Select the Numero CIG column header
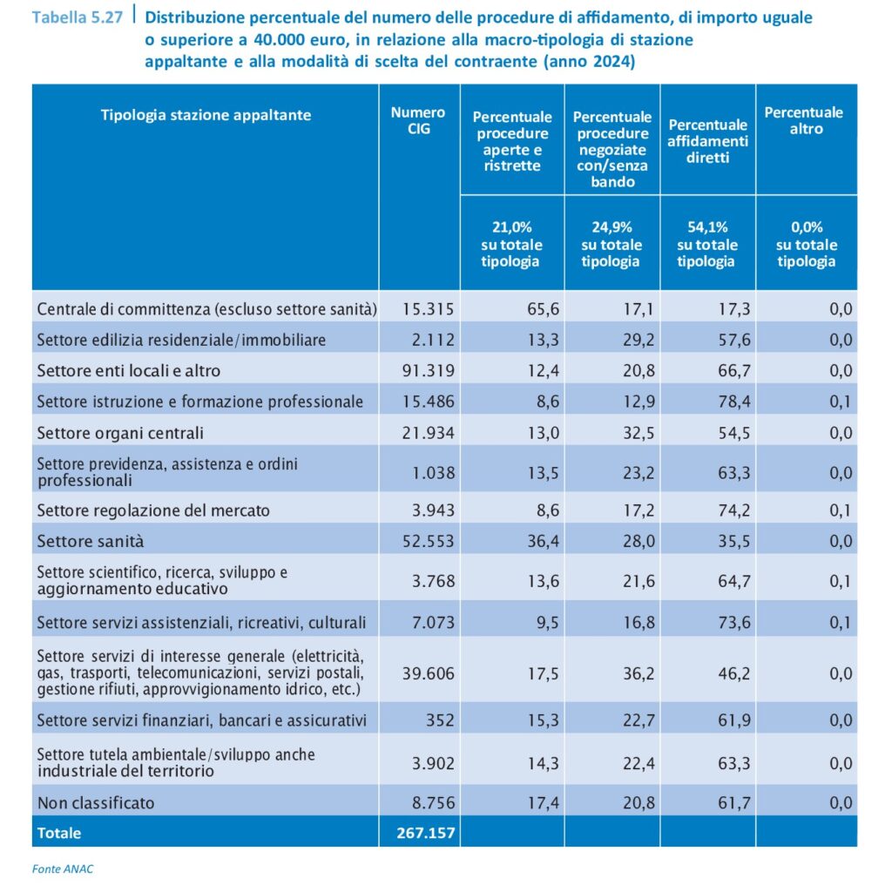(x=418, y=121)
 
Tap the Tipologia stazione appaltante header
(x=206, y=115)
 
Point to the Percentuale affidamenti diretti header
(x=707, y=142)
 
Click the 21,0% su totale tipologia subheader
(x=511, y=245)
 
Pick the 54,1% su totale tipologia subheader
(x=707, y=245)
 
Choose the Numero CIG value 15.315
(x=429, y=308)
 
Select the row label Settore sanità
(x=91, y=541)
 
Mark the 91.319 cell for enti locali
(x=429, y=370)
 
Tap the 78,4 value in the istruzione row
(x=733, y=402)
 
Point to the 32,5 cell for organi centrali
(x=638, y=433)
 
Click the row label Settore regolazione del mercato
(x=153, y=510)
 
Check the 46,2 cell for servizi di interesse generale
(x=733, y=672)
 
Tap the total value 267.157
(x=419, y=833)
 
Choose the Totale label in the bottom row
(x=59, y=833)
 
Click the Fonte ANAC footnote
(x=63, y=868)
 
